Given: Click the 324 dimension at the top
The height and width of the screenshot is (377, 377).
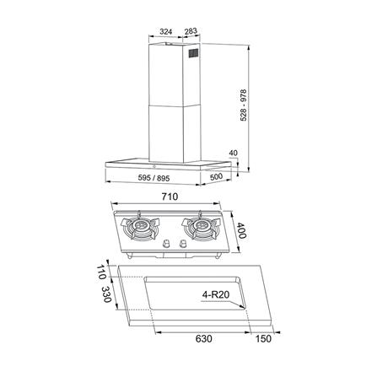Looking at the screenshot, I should click(165, 34).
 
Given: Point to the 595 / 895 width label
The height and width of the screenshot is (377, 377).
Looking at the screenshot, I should click(154, 178).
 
